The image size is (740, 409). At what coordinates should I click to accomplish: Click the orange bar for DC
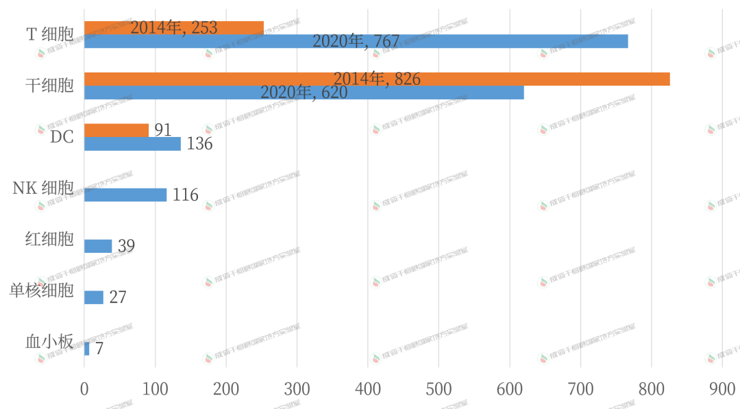click(116, 129)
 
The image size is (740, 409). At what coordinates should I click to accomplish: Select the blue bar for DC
click(132, 144)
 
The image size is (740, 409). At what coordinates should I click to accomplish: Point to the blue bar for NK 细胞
click(125, 195)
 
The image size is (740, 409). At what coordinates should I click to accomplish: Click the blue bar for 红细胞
click(98, 246)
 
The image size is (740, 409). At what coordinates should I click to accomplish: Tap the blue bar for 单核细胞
click(94, 297)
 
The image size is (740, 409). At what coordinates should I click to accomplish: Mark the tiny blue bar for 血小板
click(87, 349)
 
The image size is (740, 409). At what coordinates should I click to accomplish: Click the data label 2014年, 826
click(377, 79)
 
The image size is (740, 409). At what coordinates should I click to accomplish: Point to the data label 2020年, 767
click(356, 42)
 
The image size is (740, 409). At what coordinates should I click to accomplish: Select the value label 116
click(185, 195)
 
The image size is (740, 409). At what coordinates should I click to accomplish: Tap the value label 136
click(199, 144)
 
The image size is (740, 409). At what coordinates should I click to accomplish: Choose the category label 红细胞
click(49, 239)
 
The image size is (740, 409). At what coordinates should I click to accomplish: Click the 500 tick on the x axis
click(439, 390)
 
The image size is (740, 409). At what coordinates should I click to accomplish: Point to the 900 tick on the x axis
click(722, 390)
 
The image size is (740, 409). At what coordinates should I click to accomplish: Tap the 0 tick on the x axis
click(84, 390)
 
